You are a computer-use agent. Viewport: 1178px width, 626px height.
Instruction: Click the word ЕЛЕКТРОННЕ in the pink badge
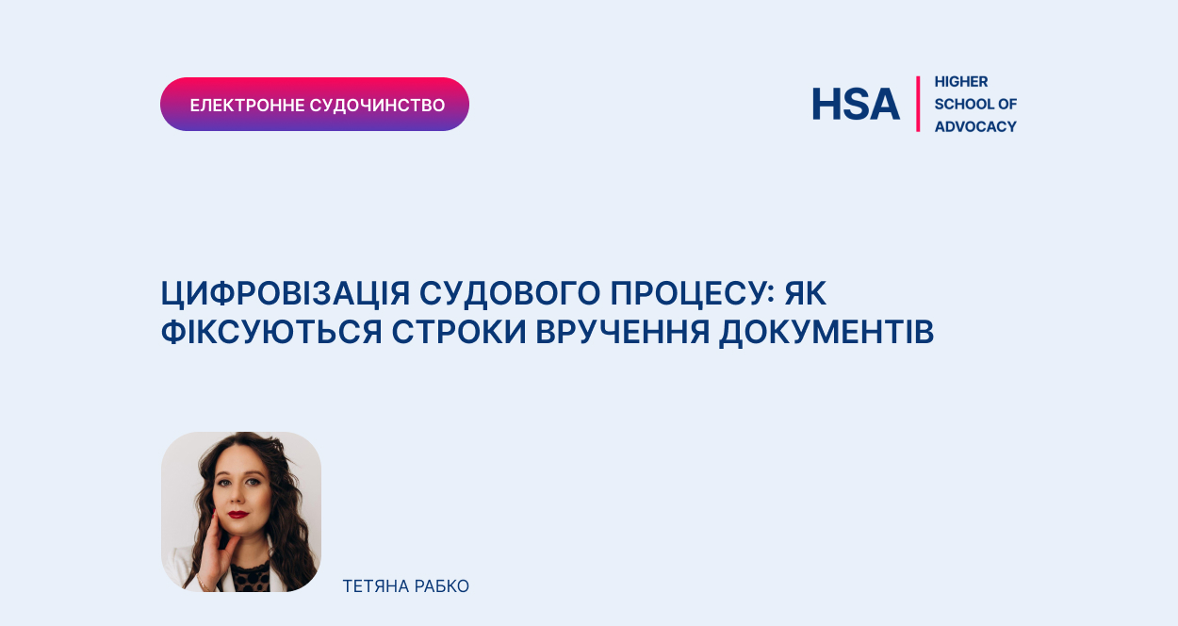coord(247,106)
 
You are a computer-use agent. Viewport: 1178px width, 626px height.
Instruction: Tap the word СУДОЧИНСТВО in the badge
coord(377,106)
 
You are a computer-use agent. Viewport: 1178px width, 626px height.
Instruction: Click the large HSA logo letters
coord(856,104)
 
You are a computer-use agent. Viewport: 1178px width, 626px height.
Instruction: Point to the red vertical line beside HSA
coord(918,104)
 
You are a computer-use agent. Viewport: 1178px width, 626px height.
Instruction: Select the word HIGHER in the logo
coord(961,82)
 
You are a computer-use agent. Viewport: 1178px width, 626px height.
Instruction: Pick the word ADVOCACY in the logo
coord(975,126)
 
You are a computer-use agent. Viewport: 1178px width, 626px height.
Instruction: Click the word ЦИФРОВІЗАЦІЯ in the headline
coord(285,294)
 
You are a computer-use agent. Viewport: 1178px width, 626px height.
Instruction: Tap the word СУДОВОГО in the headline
coord(510,293)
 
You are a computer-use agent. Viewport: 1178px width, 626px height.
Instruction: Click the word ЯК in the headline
coord(806,293)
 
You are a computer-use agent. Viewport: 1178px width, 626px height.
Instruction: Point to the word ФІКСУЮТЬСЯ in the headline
coord(271,332)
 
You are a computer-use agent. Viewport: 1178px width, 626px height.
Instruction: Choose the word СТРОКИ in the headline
coord(459,332)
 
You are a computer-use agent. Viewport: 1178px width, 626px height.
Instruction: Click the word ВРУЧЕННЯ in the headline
coord(623,332)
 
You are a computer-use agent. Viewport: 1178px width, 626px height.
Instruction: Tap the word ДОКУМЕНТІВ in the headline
coord(826,333)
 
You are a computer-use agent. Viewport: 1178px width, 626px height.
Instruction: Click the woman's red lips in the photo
coord(238,514)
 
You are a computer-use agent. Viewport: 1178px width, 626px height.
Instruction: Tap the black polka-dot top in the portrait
coord(252,578)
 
